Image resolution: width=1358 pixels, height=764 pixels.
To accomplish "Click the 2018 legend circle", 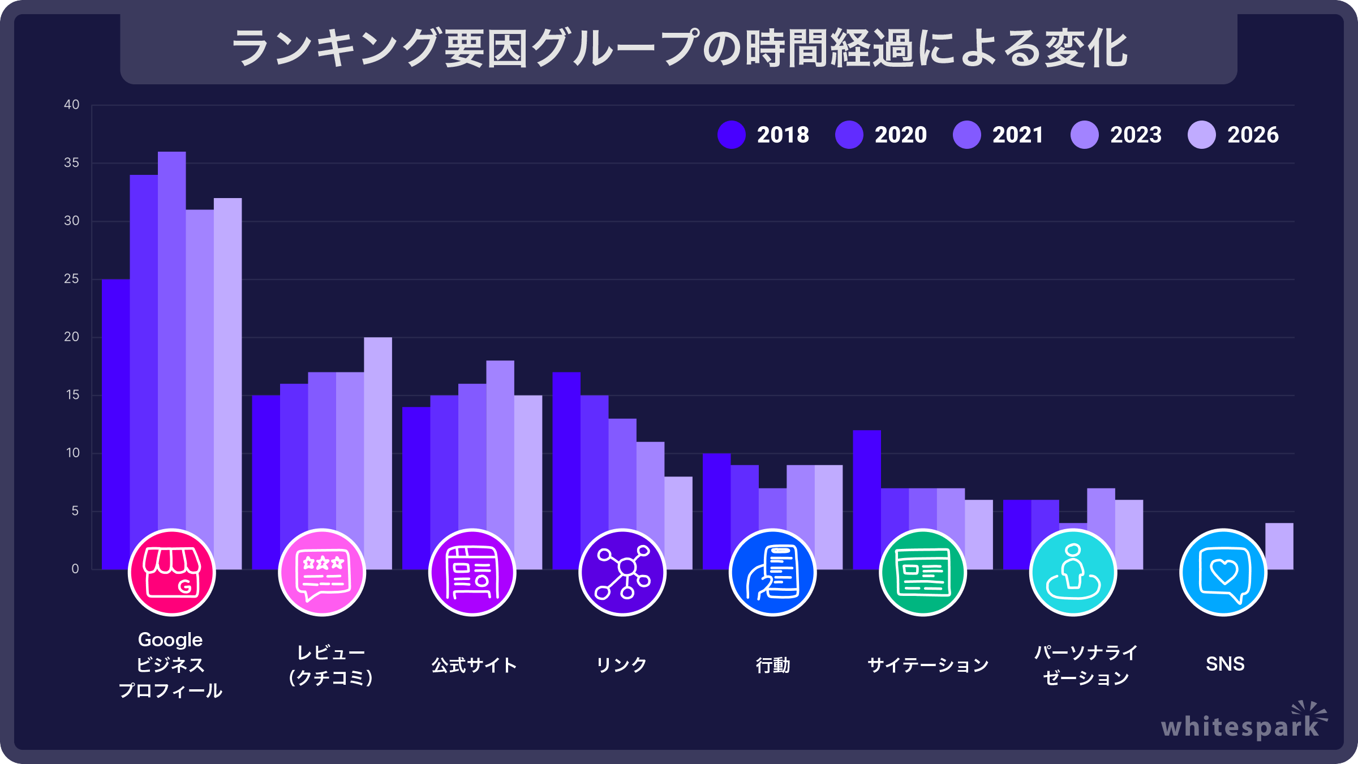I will point(731,135).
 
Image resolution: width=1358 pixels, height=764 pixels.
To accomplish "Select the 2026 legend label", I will point(1253,135).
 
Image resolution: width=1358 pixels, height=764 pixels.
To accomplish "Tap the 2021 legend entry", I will point(999,135).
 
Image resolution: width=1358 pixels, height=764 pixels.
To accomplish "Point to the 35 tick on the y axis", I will point(72,163).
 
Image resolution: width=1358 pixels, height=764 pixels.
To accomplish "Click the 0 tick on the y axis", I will point(75,569).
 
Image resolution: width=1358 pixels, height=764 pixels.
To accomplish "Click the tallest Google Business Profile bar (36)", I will point(171,340).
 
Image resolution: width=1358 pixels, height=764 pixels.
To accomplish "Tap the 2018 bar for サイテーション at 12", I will point(867,487).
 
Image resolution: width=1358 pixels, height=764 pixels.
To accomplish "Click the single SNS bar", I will point(1279,546).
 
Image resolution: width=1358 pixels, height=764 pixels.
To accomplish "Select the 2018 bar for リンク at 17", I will point(566,453).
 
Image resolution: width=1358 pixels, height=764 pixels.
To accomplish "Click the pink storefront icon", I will point(172,572).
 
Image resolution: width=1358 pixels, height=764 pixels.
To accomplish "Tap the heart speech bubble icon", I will point(1223,572).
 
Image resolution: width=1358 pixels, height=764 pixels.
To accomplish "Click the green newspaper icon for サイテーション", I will point(923,572).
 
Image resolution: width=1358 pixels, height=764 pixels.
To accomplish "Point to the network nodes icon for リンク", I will point(622,572).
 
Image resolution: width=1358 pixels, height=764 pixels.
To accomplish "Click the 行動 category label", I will point(773,664).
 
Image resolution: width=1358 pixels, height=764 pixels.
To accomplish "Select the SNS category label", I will point(1225,664).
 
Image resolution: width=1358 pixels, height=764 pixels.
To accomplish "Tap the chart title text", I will point(679,49).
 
